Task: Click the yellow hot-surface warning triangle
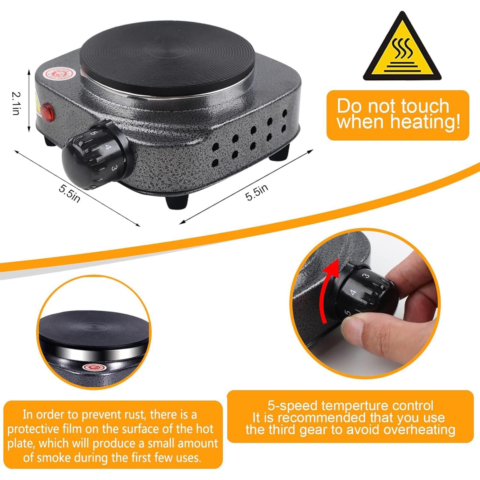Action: pos(402,49)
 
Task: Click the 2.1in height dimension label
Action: pos(16,103)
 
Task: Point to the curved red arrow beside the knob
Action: pos(329,290)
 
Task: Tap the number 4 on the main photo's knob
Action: pos(108,147)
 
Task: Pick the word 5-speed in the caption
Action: pos(292,406)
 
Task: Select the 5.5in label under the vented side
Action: pos(256,192)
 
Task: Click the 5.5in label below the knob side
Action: pos(69,193)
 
